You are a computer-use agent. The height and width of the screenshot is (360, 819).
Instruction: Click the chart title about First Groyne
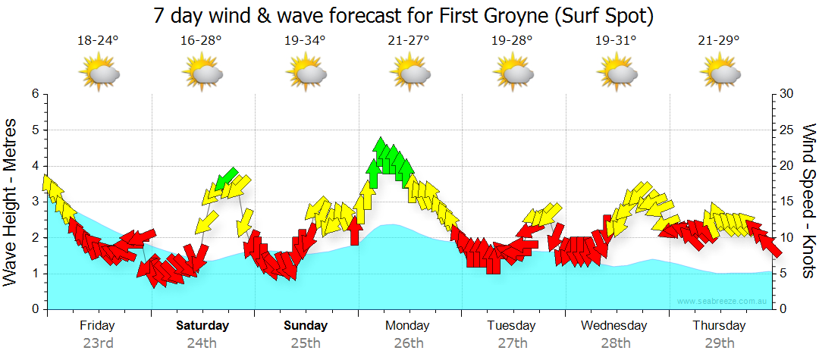coord(403,15)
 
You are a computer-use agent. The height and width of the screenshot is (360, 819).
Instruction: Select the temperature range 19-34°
coord(306,40)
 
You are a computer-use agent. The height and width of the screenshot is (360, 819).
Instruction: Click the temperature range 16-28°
coord(202,40)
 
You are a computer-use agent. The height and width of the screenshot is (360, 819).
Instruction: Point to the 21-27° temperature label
coord(409,40)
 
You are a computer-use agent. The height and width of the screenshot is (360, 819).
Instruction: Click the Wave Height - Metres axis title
coord(11,202)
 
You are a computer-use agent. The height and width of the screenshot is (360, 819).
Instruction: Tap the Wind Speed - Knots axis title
coord(808,202)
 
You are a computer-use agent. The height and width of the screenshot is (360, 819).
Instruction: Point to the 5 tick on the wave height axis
coord(34,130)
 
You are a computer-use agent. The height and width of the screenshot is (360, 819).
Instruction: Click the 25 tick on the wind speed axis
coord(787,130)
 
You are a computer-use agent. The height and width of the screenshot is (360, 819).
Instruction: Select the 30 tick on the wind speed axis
coord(787,94)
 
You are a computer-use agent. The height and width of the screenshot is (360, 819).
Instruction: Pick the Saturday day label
coord(202,326)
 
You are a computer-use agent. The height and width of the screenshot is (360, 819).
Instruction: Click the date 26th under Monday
coord(409,343)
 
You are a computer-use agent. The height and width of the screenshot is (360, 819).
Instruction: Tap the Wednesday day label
coord(614,326)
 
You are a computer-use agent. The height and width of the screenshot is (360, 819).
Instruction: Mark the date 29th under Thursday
coord(719,343)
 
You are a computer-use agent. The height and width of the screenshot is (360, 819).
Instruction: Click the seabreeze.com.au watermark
coord(723,302)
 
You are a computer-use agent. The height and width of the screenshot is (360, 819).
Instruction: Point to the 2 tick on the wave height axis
coord(34,238)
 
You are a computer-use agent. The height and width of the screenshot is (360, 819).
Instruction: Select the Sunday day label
coord(306,326)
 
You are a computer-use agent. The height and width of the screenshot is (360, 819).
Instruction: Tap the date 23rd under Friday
coord(98,343)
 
